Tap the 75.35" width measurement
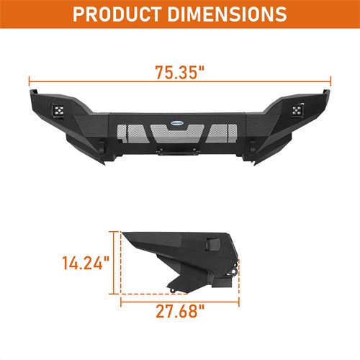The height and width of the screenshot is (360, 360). (179, 73)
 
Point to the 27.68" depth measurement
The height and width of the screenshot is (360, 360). (179, 311)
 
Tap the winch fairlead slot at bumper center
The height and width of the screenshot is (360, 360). (179, 152)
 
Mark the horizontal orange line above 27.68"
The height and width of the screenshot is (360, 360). (179, 295)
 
